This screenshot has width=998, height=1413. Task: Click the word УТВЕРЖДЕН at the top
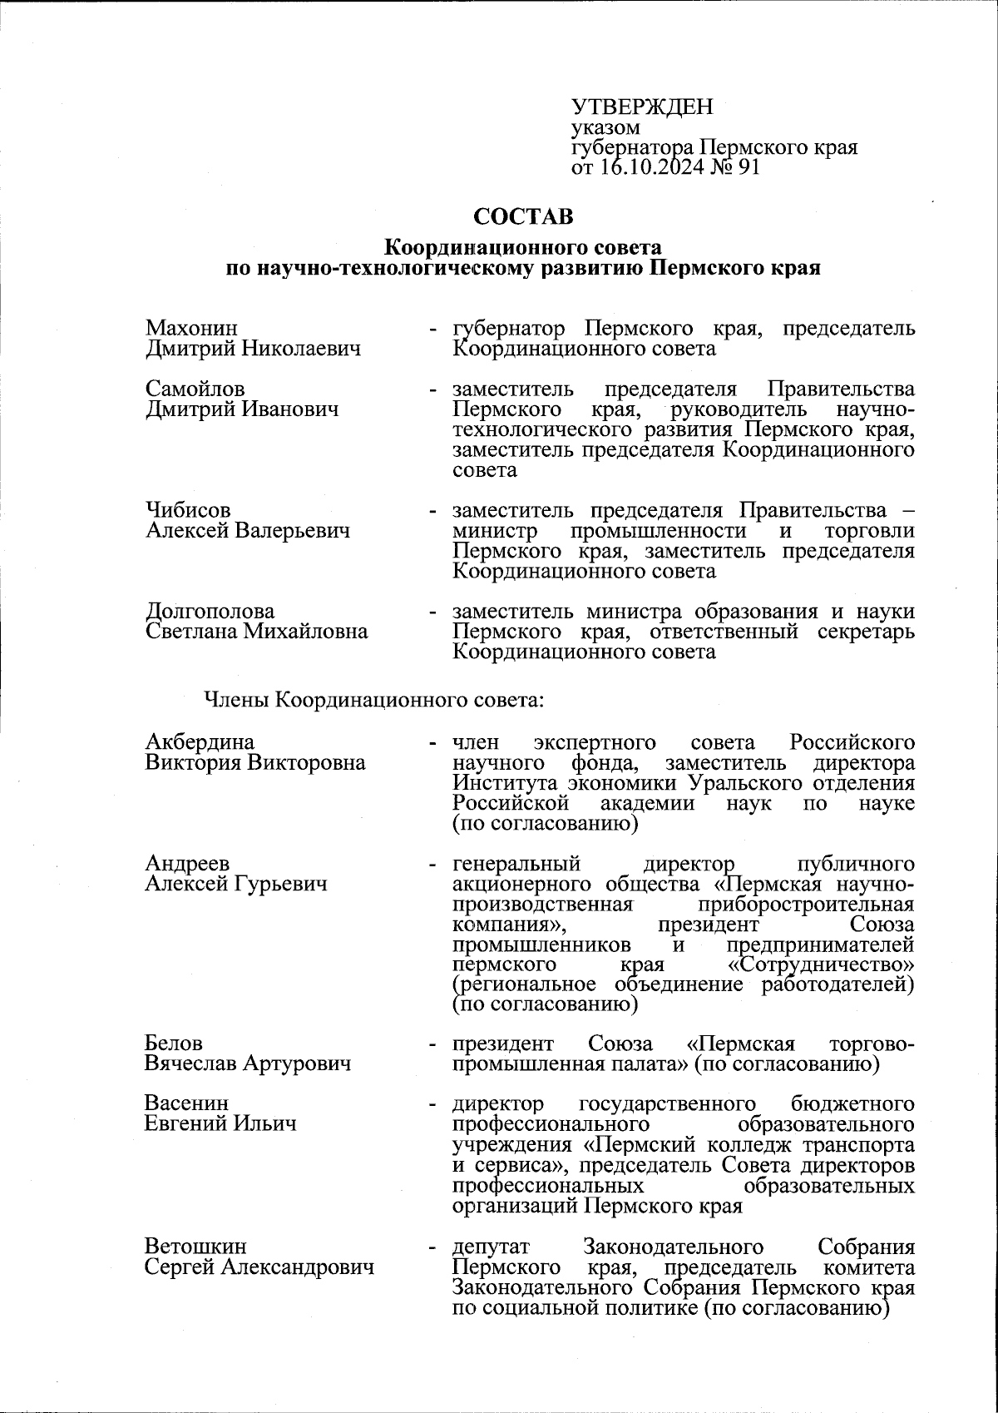642,107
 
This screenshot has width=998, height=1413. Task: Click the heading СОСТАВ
523,217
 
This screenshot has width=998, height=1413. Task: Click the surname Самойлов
195,389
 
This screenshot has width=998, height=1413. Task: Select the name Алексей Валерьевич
247,530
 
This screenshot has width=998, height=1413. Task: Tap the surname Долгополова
210,612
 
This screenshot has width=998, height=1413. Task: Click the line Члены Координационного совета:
374,700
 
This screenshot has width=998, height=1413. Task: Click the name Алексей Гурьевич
235,883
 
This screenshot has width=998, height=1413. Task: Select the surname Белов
173,1044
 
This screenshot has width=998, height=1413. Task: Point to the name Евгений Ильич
220,1124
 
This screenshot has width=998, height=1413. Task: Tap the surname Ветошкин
195,1247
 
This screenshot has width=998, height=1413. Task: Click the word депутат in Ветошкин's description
491,1248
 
